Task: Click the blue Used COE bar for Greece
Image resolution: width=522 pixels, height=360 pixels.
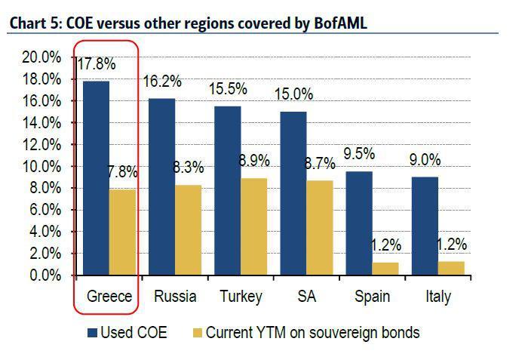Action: point(96,178)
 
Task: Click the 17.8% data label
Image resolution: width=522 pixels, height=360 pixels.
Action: point(97,64)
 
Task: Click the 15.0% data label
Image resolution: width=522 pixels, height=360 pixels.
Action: point(294,95)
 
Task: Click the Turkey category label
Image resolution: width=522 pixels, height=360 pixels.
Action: point(241,296)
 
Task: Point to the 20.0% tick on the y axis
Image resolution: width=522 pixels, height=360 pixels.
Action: point(41,57)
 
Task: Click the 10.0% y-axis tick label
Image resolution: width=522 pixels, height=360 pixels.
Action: point(41,167)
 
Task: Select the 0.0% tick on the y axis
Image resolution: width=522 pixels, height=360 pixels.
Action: point(45,276)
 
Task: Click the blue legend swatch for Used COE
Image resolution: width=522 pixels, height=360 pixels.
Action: point(92,333)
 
